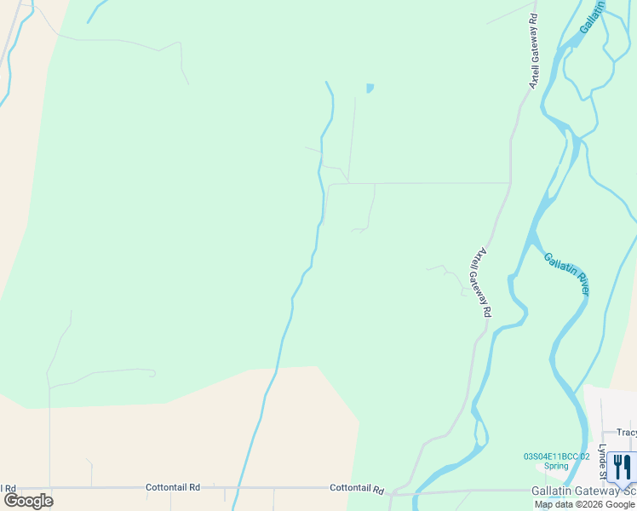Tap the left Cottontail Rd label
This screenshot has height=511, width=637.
pyautogui.click(x=173, y=487)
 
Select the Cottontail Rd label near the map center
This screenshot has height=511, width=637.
pyautogui.click(x=357, y=489)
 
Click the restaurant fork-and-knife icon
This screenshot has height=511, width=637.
pyautogui.click(x=623, y=466)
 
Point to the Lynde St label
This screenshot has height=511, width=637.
pyautogui.click(x=601, y=461)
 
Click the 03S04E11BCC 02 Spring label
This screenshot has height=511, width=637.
pyautogui.click(x=556, y=456)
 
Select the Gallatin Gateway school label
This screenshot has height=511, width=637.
pyautogui.click(x=583, y=491)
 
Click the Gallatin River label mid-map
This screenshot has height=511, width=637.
pyautogui.click(x=567, y=273)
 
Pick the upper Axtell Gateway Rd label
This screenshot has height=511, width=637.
pyautogui.click(x=534, y=51)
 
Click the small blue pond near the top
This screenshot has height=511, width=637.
pyautogui.click(x=370, y=88)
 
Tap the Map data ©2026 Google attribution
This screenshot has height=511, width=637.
pyautogui.click(x=585, y=504)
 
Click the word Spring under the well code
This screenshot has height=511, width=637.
pyautogui.click(x=556, y=467)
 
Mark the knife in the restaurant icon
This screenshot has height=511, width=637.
pyautogui.click(x=628, y=466)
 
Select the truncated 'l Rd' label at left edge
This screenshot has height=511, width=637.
pyautogui.click(x=7, y=488)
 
